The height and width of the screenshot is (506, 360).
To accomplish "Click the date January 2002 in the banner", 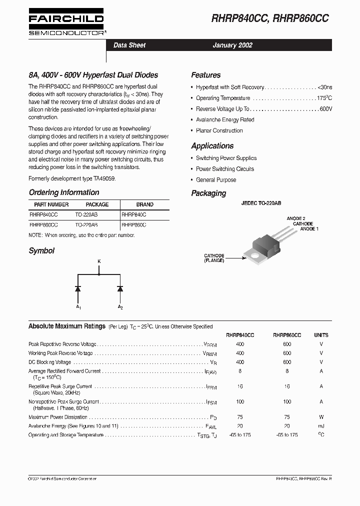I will coord(232,45).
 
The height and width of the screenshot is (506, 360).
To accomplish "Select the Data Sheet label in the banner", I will coord(129,45).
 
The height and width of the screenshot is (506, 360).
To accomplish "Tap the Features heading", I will coord(205,75).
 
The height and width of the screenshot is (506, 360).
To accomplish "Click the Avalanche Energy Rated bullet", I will coord(225,120).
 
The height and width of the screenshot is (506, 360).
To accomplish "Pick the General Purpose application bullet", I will coord(216,180).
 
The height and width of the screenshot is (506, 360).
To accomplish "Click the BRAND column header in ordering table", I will coord(145,204).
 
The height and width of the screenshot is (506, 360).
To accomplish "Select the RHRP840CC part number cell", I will coord(43,214).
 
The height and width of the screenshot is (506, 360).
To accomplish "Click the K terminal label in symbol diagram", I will coord(98,261).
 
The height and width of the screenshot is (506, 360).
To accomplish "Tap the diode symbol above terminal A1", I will coord(78,288).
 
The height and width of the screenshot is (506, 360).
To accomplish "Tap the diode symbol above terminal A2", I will coord(120,288).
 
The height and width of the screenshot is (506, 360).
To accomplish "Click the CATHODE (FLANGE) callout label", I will coord(214,258).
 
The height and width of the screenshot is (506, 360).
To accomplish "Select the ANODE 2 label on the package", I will coord(295,218).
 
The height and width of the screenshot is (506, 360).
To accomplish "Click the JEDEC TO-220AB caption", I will coord(261,203).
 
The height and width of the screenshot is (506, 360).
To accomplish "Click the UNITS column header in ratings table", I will coord(321,335).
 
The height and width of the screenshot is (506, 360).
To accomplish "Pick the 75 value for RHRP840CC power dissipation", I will coord(240,417).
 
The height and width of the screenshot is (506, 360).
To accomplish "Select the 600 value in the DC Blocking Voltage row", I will coord(287,362).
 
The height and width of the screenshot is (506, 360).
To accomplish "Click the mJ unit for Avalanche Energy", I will coord(321,426).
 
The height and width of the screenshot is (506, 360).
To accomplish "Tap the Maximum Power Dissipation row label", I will coord(58,417).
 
